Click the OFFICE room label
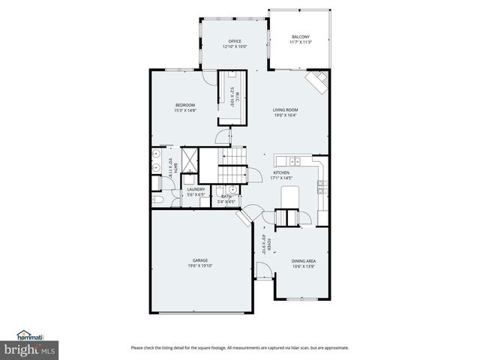tap(235, 41)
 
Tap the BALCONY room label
tap(300, 37)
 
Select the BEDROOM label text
tap(185, 104)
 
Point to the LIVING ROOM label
tap(285, 109)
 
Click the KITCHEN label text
tap(280, 172)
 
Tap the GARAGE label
tap(200, 260)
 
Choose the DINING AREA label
tap(304, 260)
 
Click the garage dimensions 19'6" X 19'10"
tap(200, 265)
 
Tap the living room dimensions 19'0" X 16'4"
tap(285, 115)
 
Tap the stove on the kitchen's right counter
tap(321, 187)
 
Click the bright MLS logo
tap(29, 349)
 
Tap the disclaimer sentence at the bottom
tap(239, 347)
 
